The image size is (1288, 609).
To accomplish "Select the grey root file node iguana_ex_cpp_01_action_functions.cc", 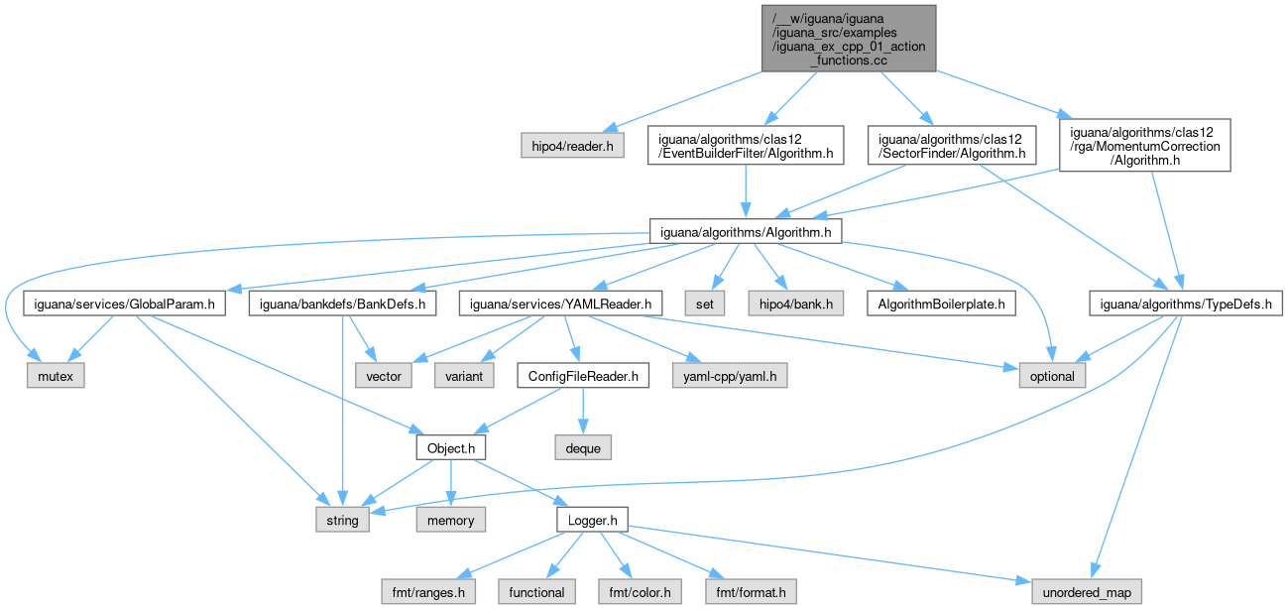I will pyautogui.click(x=848, y=38).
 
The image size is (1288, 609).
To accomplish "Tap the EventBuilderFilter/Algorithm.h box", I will pyautogui.click(x=745, y=145).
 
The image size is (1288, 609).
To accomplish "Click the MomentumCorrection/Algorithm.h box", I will pyautogui.click(x=1144, y=146).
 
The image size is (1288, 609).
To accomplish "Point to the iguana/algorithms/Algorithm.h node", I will pyautogui.click(x=745, y=231).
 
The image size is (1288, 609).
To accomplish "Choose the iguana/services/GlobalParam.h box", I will pyautogui.click(x=123, y=304).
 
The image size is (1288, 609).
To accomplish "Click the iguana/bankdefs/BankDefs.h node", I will pyautogui.click(x=342, y=304).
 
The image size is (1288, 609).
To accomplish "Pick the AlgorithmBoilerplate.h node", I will pyautogui.click(x=940, y=304).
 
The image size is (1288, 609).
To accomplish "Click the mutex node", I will pyautogui.click(x=57, y=376).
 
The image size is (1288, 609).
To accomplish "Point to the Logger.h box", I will pyautogui.click(x=592, y=520).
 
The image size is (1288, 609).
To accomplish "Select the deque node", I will pyautogui.click(x=583, y=448).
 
